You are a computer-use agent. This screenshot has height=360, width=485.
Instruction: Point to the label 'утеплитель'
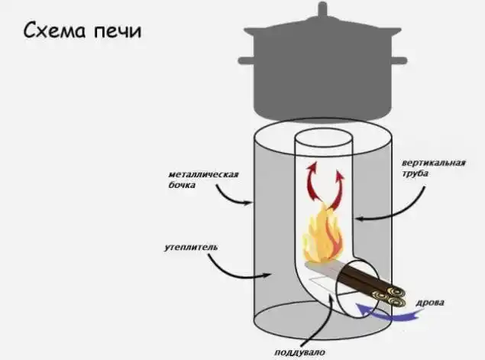coord(192,248)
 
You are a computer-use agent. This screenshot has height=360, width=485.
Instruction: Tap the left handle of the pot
coord(247,59)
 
